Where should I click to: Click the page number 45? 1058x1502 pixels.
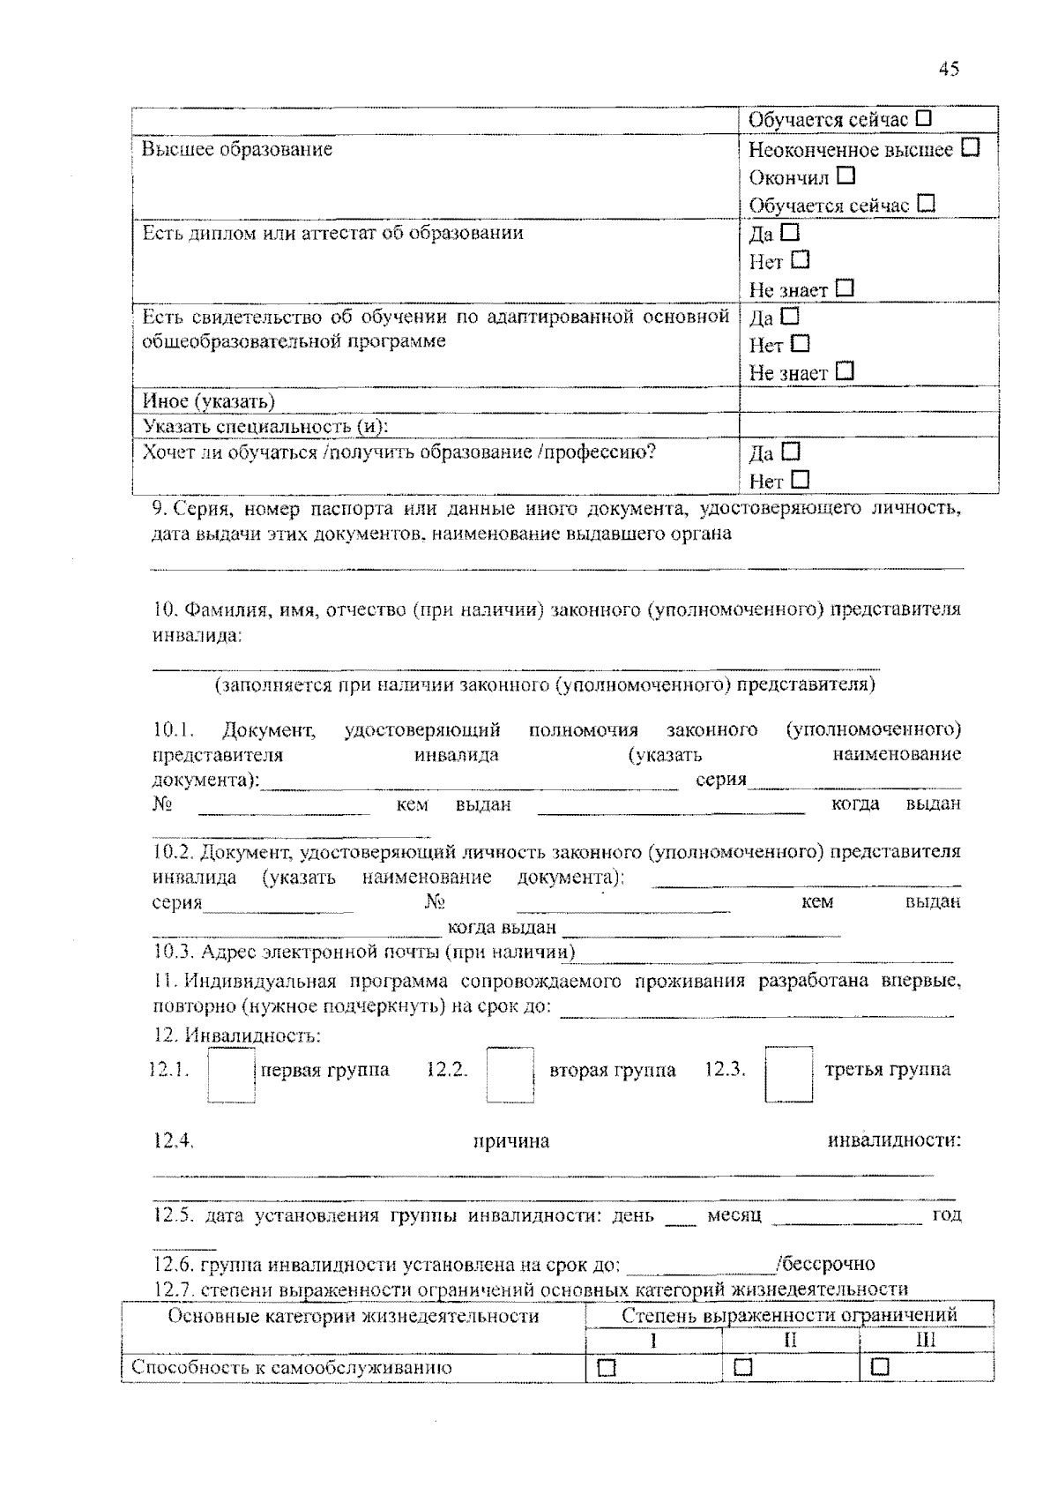[949, 69]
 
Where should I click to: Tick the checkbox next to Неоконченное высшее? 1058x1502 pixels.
[971, 147]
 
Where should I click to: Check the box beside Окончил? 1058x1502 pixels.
[846, 176]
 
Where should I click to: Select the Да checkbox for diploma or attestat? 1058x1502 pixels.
[790, 233]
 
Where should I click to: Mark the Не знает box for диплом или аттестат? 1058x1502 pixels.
[845, 288]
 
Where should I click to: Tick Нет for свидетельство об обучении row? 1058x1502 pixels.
[800, 343]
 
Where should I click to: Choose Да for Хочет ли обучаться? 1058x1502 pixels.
[790, 452]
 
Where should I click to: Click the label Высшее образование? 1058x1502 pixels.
[237, 148]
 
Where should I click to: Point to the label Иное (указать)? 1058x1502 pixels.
[209, 401]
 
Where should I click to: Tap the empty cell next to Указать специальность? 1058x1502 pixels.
[868, 426]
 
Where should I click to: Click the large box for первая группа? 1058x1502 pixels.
[232, 1074]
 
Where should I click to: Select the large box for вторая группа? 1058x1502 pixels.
[510, 1074]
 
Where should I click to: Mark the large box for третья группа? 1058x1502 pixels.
[788, 1074]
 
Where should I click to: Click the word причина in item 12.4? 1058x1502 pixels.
[511, 1141]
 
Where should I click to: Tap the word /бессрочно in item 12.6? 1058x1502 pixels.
[826, 1265]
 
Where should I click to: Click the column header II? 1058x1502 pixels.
[790, 1340]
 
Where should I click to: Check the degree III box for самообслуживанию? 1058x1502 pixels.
[880, 1367]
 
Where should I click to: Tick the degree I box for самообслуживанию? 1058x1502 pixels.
[607, 1367]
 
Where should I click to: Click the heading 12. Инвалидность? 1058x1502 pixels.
[236, 1035]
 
